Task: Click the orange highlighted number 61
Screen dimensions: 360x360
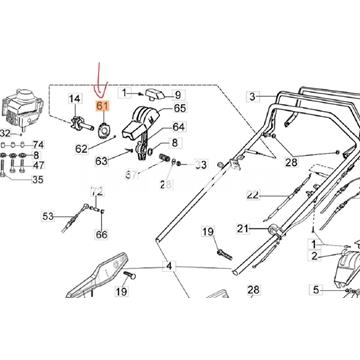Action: tap(102, 106)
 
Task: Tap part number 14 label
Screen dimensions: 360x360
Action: tap(74, 98)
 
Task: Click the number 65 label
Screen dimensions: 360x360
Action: tap(180, 108)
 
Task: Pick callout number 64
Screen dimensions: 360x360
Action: tap(178, 127)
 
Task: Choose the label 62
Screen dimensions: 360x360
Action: tap(82, 150)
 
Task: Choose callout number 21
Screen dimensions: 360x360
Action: tap(241, 228)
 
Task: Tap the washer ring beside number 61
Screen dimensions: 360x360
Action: tap(102, 127)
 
